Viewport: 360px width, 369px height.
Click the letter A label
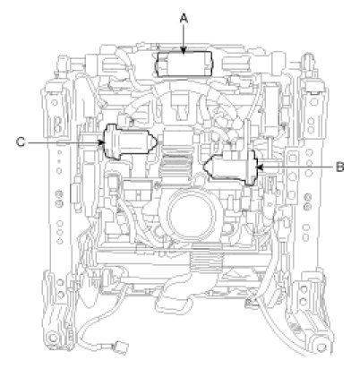[x=184, y=19]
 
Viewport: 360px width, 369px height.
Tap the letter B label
[x=339, y=167]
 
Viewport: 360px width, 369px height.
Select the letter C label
[x=21, y=142]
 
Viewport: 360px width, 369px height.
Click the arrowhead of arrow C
[x=101, y=142]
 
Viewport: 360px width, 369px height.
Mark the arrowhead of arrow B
[x=260, y=167]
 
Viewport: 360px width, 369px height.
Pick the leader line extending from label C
[x=66, y=142]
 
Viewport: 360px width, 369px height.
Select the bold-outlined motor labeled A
[x=184, y=64]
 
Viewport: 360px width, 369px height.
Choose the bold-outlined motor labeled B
[x=230, y=168]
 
